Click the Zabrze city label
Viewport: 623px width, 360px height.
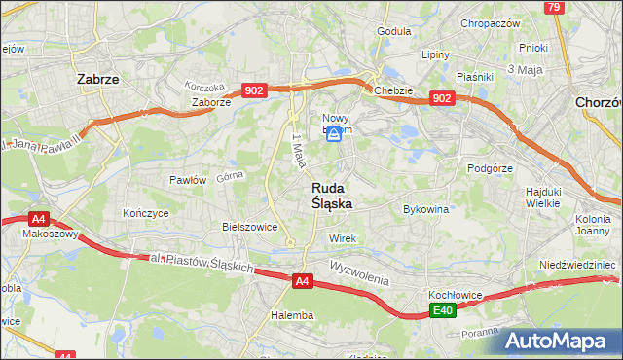(x=97, y=80)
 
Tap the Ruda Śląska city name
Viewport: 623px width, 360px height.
(x=332, y=196)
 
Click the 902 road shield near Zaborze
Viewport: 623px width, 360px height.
(x=254, y=90)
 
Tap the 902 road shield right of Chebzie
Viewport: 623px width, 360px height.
(x=442, y=98)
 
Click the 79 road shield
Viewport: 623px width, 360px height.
(x=554, y=8)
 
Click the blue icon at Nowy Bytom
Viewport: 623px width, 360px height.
(x=334, y=136)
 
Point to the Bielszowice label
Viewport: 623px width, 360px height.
(x=250, y=227)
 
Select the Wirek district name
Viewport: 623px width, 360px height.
(x=343, y=238)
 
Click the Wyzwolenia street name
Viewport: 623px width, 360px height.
(x=359, y=272)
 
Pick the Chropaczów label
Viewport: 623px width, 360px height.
(x=491, y=23)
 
